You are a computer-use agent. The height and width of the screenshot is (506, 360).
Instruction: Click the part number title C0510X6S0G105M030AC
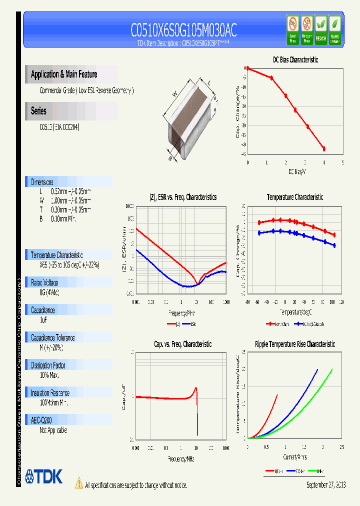(x=183, y=30)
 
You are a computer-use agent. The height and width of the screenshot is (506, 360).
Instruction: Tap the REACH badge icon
(x=320, y=29)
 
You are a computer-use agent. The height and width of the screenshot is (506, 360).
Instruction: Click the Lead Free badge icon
(x=293, y=29)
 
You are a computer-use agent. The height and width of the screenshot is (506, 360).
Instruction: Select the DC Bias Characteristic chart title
(x=295, y=59)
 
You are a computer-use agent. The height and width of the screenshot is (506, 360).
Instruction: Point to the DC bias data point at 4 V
(x=324, y=148)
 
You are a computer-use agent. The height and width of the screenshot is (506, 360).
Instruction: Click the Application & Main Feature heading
(x=64, y=74)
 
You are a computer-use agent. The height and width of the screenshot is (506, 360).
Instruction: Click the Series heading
(x=38, y=111)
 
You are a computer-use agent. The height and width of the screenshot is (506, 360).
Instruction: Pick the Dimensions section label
(x=42, y=182)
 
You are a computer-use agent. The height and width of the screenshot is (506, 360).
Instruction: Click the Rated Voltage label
(x=44, y=282)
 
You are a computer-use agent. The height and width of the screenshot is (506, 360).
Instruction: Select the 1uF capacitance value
(x=43, y=319)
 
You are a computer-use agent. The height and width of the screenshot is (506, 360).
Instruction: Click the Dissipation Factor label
(x=48, y=365)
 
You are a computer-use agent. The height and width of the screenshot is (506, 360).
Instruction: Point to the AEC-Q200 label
(x=41, y=420)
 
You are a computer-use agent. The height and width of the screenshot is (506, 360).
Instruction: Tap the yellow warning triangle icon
(x=78, y=482)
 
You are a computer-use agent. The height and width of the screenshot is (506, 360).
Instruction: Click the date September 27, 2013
(x=325, y=485)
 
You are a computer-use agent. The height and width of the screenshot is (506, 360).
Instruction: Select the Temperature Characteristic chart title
(x=294, y=197)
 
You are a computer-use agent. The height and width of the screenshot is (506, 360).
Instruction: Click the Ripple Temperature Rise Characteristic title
(x=294, y=344)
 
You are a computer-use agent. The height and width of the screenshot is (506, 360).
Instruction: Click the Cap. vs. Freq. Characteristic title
(x=182, y=344)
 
